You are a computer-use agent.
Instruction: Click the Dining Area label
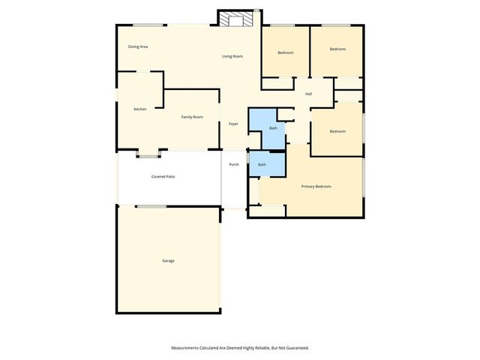137,46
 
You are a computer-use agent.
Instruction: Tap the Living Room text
232,56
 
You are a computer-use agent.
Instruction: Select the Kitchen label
139,109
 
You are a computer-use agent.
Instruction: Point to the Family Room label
192,117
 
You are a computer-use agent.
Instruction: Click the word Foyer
233,124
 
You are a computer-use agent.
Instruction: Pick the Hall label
308,94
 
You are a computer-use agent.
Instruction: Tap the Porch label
233,164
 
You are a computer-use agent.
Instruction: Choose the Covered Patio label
163,176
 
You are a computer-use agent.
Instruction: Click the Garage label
168,261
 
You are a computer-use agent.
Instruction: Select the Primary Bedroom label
316,186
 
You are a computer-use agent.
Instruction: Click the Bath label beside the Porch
262,164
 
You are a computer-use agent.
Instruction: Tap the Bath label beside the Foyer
274,128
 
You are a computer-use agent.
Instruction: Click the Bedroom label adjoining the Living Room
285,52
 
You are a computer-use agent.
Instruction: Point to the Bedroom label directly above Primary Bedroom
337,131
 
